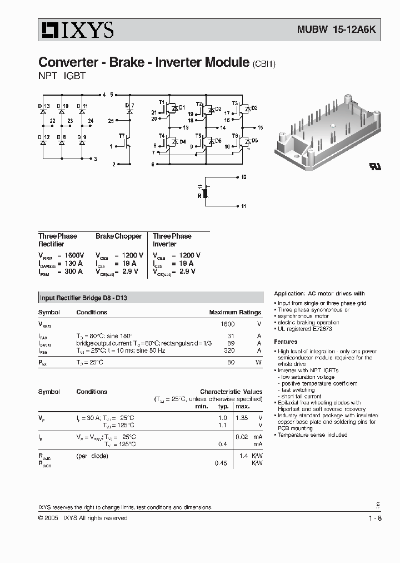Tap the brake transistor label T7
121,135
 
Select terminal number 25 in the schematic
111,120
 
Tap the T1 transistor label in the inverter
162,102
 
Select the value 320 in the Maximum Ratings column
228,352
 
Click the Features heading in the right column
286,342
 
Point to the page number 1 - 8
375,518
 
